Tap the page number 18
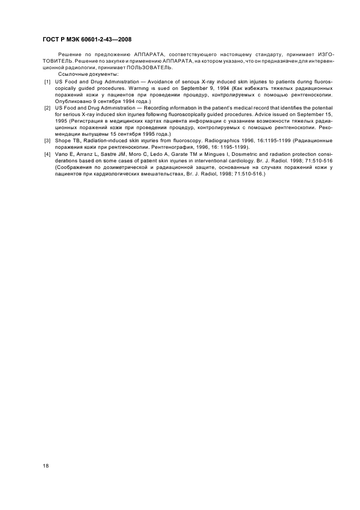[46, 466]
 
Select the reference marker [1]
[48, 81]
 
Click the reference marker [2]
[48, 108]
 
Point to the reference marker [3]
[48, 141]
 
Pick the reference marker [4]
[48, 154]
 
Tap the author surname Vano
[62, 154]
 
